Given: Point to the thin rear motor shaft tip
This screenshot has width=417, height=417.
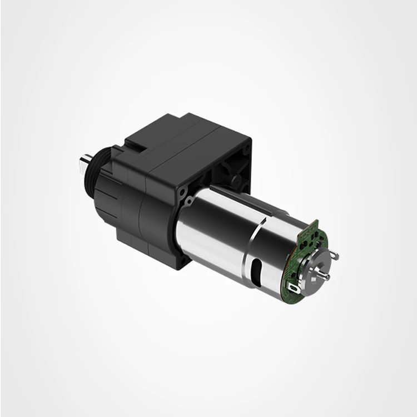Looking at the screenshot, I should pyautogui.click(x=327, y=276).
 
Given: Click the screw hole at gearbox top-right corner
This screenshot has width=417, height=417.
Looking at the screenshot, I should pyautogui.click(x=246, y=149).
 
